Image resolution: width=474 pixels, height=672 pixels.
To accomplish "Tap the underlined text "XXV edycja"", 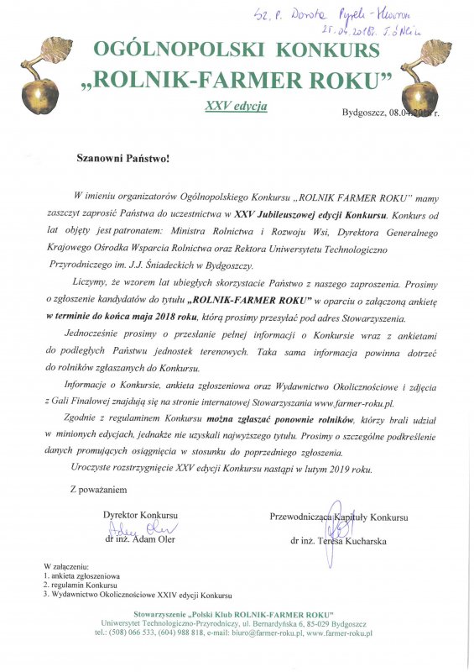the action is pos(236,107).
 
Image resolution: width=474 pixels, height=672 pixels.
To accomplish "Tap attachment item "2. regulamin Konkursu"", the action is pos(78,585).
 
